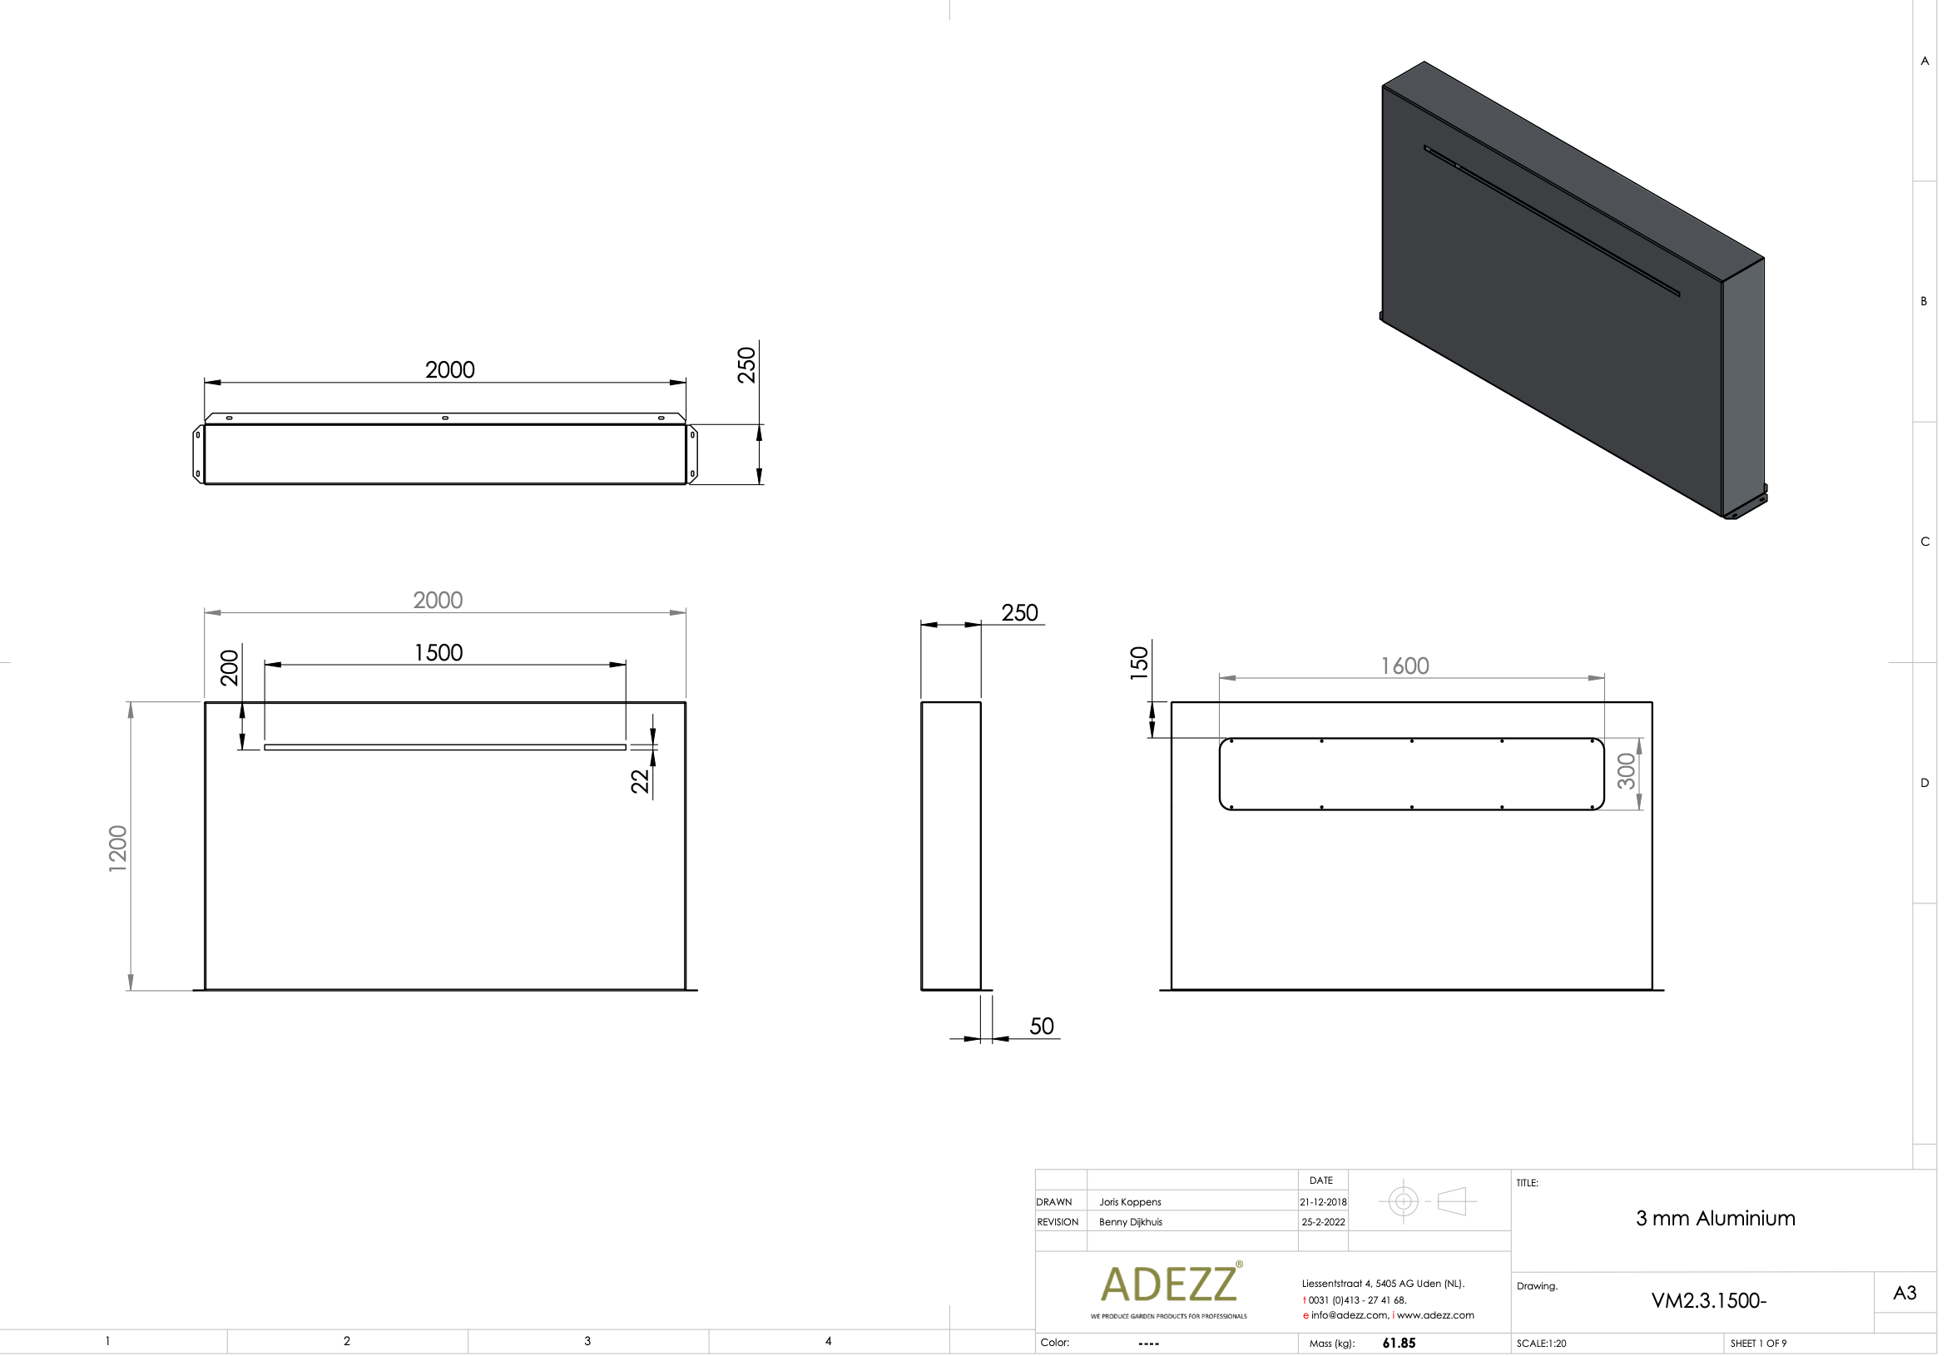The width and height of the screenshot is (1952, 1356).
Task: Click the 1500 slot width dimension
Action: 438,652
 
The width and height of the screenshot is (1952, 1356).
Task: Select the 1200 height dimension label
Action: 118,848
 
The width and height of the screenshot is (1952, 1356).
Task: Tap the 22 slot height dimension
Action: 640,781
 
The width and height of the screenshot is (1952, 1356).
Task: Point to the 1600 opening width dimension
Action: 1404,666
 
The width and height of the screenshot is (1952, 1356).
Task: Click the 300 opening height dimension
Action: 1625,770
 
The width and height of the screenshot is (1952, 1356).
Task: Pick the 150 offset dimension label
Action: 1139,663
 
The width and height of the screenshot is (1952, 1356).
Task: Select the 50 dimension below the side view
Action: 1041,1027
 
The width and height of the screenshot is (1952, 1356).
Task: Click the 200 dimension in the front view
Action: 230,668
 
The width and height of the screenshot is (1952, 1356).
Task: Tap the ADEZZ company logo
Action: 1169,1284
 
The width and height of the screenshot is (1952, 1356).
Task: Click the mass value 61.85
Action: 1399,1344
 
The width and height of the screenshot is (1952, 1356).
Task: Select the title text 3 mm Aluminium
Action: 1715,1219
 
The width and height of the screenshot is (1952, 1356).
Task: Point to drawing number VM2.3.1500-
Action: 1708,1301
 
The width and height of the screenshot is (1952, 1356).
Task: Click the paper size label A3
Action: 1905,1293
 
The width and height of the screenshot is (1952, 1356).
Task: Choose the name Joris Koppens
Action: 1129,1202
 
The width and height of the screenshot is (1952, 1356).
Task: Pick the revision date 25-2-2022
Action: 1323,1223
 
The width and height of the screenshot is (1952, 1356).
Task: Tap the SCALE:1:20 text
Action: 1541,1344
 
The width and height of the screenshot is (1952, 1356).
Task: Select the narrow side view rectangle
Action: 950,845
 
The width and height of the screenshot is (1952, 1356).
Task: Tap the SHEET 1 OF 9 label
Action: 1757,1344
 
